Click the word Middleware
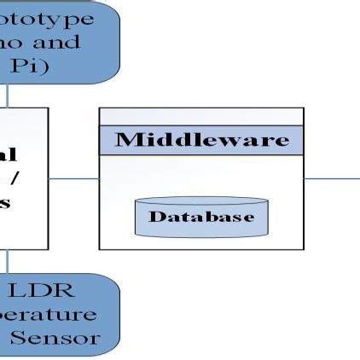coord(202,141)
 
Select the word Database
coord(201,217)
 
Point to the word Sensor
coord(55,338)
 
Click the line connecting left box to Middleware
coord(73,178)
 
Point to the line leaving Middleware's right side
coord(332,178)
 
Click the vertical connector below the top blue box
coord(8,95)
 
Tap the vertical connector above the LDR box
coord(8,261)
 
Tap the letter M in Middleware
coord(125,141)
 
